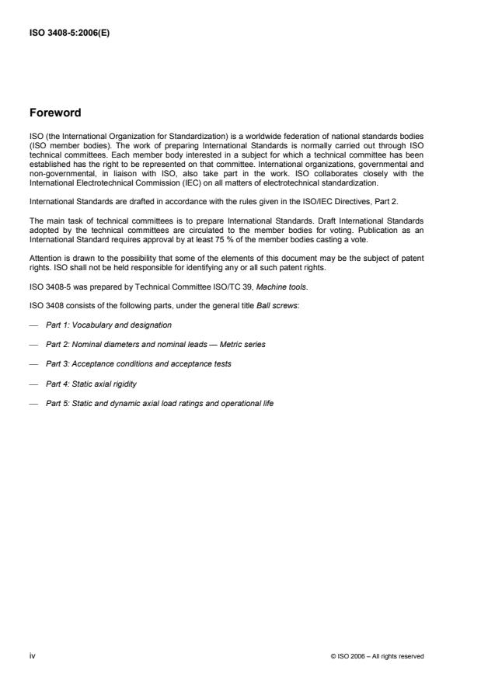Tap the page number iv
click(33, 655)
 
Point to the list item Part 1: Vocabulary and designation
click(109, 324)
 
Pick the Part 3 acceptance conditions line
click(138, 364)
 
